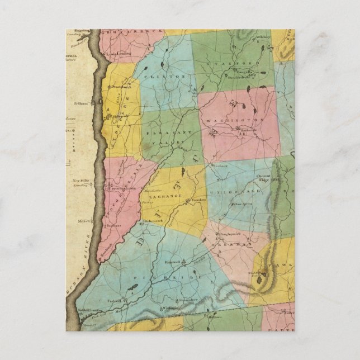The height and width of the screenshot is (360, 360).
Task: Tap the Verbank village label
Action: coord(221,168)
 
